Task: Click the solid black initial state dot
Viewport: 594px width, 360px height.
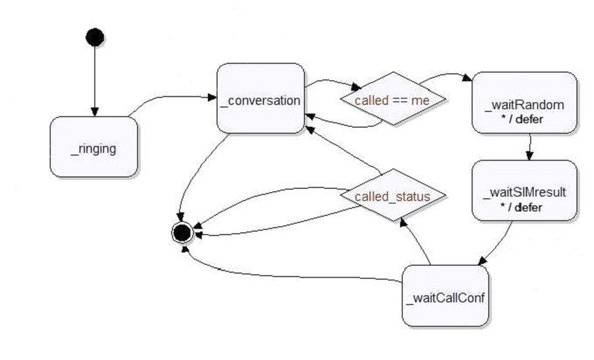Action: click(94, 37)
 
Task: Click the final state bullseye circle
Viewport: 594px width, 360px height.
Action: click(183, 232)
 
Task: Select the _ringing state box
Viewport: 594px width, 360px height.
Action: click(93, 148)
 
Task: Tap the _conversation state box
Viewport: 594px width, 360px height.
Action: click(259, 98)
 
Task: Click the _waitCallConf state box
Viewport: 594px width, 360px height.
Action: click(446, 299)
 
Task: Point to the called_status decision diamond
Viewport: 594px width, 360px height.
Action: click(391, 197)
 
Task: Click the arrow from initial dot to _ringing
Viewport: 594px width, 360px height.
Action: click(94, 83)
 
